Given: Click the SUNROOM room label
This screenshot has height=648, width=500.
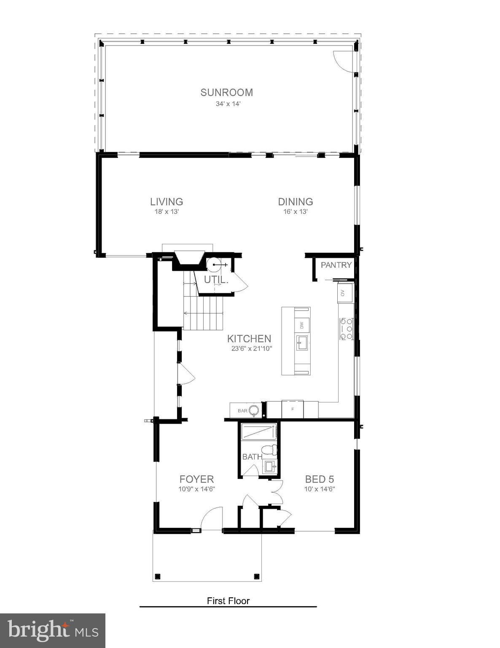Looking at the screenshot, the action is pyautogui.click(x=226, y=92).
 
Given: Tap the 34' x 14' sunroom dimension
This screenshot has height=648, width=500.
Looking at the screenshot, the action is pyautogui.click(x=228, y=104).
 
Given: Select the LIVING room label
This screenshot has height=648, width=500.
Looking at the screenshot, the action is pyautogui.click(x=167, y=202).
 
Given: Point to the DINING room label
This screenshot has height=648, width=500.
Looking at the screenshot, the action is pyautogui.click(x=295, y=202).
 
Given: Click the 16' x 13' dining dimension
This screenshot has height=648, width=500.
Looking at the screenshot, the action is pyautogui.click(x=295, y=212).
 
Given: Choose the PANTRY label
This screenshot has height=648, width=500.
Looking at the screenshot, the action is pyautogui.click(x=336, y=265).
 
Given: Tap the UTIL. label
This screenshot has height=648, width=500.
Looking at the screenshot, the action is pyautogui.click(x=216, y=280).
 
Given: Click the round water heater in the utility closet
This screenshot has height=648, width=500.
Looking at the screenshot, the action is pyautogui.click(x=214, y=265).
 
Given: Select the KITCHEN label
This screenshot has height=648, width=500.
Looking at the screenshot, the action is pyautogui.click(x=249, y=338).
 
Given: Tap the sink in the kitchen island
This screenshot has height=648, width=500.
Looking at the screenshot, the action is pyautogui.click(x=301, y=343).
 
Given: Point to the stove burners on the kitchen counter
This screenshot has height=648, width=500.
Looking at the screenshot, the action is pyautogui.click(x=346, y=329).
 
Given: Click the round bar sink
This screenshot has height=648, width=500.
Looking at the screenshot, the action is pyautogui.click(x=253, y=410).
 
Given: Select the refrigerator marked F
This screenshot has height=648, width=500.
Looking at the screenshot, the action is pyautogui.click(x=292, y=409).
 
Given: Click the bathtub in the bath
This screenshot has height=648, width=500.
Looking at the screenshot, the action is pyautogui.click(x=258, y=432).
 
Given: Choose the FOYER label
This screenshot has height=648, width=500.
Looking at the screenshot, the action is pyautogui.click(x=196, y=479).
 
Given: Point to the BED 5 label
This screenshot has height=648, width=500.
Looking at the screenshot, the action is pyautogui.click(x=320, y=479).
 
